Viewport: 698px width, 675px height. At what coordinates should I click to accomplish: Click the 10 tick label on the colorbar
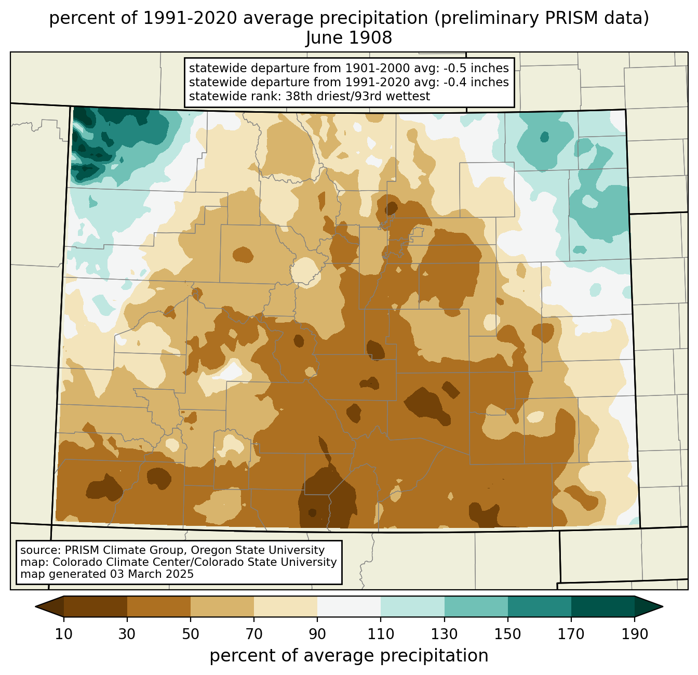[64, 634]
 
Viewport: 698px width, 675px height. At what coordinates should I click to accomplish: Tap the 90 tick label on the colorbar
[317, 634]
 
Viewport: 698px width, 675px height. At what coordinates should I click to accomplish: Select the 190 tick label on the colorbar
[635, 634]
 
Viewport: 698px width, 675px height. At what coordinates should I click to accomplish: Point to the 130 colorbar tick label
[445, 634]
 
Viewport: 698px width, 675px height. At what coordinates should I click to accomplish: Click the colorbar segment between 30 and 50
[159, 606]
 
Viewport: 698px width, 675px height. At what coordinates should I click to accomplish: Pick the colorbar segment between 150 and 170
[540, 606]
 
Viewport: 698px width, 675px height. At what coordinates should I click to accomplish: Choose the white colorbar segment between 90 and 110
[349, 606]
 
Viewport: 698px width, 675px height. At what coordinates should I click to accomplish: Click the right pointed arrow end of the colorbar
[649, 606]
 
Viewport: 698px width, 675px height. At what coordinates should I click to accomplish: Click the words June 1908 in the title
[348, 38]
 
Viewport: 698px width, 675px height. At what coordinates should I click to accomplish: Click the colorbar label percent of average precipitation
[349, 656]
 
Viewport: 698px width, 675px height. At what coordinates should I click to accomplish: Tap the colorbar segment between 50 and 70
[222, 606]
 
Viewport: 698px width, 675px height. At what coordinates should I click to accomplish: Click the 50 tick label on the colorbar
[191, 634]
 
